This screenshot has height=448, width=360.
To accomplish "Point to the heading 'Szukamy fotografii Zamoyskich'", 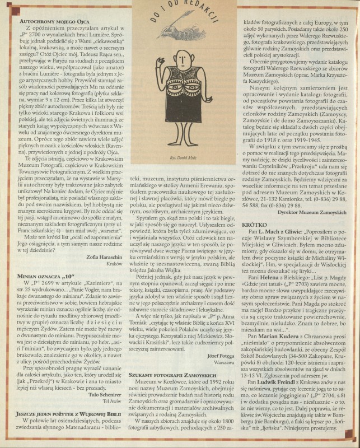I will [172, 390].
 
